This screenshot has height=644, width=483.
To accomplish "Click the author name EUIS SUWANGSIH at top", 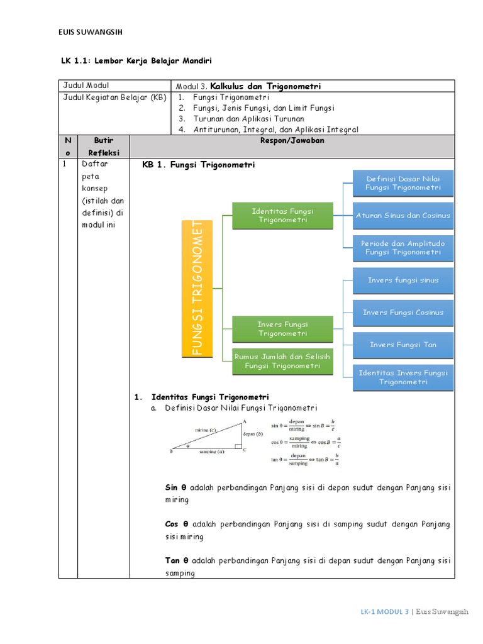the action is coord(94,33).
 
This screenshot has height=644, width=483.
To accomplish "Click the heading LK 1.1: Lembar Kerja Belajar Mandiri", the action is coord(136,61).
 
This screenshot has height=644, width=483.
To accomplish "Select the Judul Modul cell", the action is coord(86,86).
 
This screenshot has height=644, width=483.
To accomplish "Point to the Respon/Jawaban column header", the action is coord(292,140).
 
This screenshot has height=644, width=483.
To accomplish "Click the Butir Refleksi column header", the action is coord(104,146).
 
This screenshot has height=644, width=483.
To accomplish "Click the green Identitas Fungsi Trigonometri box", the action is coord(282,216).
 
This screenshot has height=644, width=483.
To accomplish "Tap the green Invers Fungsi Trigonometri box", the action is coord(282,329).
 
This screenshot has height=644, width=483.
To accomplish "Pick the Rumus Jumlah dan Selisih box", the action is coord(282,361).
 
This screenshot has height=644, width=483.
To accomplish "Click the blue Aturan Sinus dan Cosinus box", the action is coord(403,216).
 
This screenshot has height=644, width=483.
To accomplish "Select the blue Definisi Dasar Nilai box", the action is coord(403,183).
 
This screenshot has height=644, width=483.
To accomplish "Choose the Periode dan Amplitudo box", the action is coord(403,248).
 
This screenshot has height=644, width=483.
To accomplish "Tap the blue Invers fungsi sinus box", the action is coord(403,280).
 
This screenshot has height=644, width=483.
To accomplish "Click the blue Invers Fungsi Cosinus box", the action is coord(403,313).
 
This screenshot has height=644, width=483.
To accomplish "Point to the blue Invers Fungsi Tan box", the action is coord(403,345).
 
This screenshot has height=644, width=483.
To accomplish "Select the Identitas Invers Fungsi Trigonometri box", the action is coord(403,377).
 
